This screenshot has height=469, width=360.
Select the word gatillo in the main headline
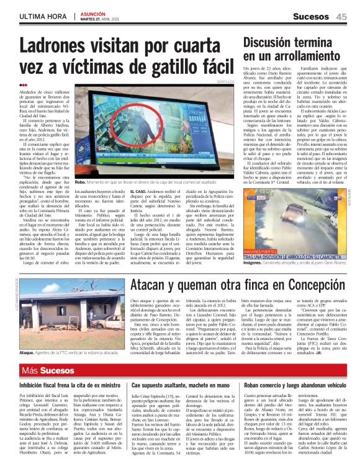pos(161,67)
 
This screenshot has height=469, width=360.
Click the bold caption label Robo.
pos(80,183)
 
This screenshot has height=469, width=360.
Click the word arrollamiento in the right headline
pos(295,58)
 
